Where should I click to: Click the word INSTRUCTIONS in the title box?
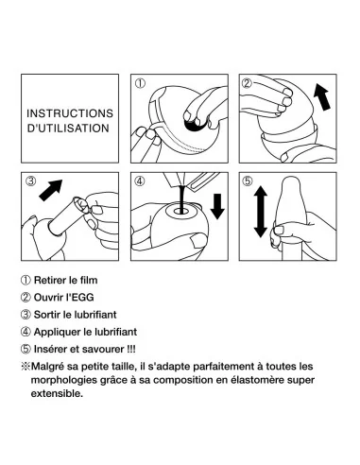point(70,113)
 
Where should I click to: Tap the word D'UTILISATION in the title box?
point(68,129)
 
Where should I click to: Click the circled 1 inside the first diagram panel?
point(140,83)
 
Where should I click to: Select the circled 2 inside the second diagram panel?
point(247,83)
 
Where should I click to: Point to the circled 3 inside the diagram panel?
point(30,181)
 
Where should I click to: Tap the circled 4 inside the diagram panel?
point(140,181)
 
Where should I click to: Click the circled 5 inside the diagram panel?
point(248,181)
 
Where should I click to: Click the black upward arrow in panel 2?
point(322,96)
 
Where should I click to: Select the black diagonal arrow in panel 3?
point(51,190)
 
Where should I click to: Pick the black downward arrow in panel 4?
point(217,207)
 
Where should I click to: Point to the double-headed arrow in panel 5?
point(261,212)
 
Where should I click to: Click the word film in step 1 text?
point(88,280)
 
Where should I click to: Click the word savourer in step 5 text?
point(103,349)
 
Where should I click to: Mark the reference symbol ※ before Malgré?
point(26,367)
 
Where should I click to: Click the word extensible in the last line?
point(56,393)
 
